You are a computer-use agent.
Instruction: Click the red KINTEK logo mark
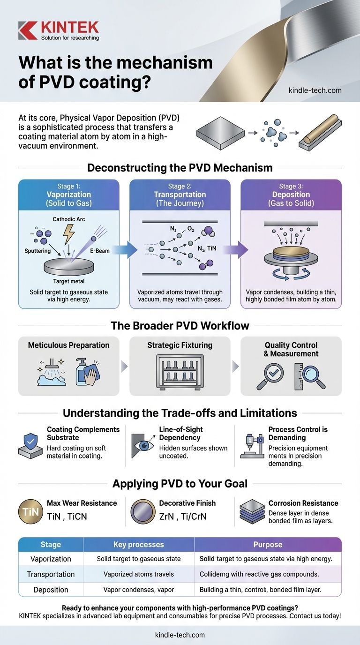27,30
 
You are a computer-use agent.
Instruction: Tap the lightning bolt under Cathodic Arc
69,232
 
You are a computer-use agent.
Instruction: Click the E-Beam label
99,251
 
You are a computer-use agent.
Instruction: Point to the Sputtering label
37,251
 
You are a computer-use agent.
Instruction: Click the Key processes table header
139,544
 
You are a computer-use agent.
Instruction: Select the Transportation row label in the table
51,574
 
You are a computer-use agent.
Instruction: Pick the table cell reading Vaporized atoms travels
139,574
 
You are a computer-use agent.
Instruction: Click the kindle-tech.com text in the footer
180,635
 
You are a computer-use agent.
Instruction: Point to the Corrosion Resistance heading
303,503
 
